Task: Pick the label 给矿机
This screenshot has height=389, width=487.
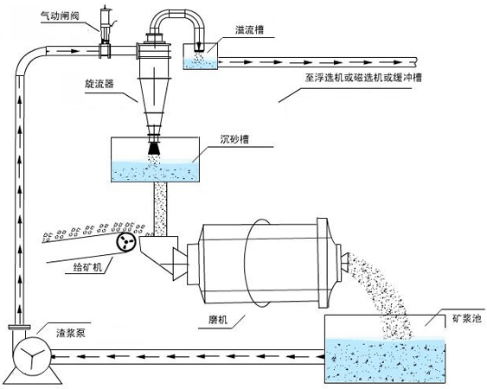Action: (87, 268)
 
